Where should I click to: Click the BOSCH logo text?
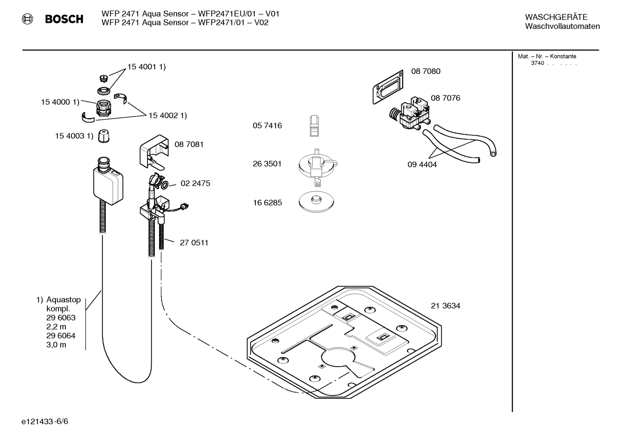(x=64, y=19)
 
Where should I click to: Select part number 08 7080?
(x=426, y=71)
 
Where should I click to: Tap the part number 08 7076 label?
(x=445, y=98)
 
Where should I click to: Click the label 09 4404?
(x=422, y=165)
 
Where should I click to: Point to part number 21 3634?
(x=445, y=306)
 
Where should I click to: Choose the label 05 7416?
(x=267, y=126)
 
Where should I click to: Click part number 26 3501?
(x=267, y=164)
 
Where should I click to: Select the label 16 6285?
(x=267, y=203)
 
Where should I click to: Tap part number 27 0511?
(x=194, y=243)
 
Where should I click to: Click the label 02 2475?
(x=195, y=184)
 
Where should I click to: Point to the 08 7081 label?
(x=189, y=144)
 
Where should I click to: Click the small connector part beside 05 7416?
(x=315, y=126)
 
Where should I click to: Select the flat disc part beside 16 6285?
(x=316, y=202)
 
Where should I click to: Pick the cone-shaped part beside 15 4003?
(x=104, y=136)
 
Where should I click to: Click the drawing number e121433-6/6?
(x=45, y=421)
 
